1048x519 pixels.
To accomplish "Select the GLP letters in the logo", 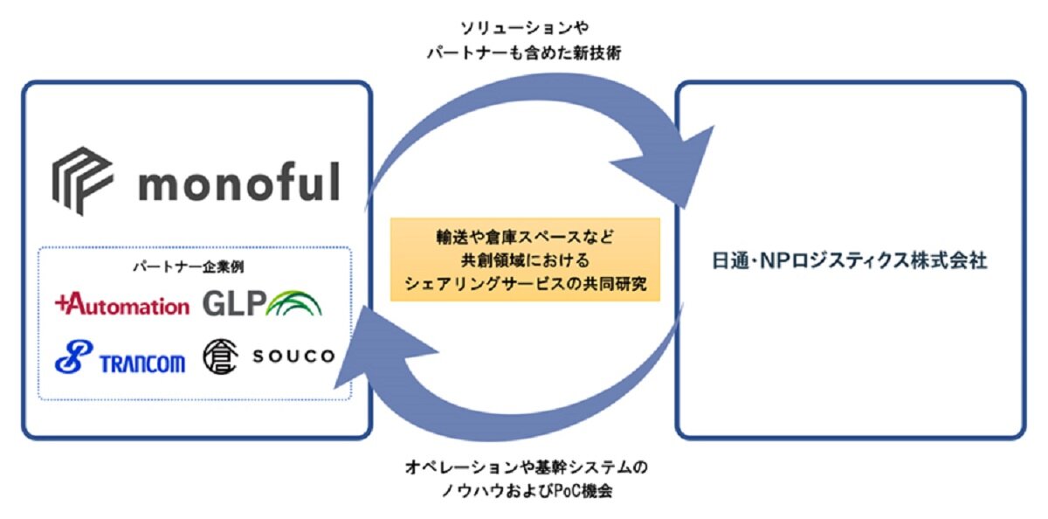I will pyautogui.click(x=233, y=302).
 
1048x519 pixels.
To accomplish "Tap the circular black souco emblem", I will pyautogui.click(x=220, y=356).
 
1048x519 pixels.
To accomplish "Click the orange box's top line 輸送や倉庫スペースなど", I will pyautogui.click(x=525, y=237).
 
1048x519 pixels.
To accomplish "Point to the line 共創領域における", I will pyautogui.click(x=525, y=260).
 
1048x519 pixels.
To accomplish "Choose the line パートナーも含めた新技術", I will pyautogui.click(x=525, y=54).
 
